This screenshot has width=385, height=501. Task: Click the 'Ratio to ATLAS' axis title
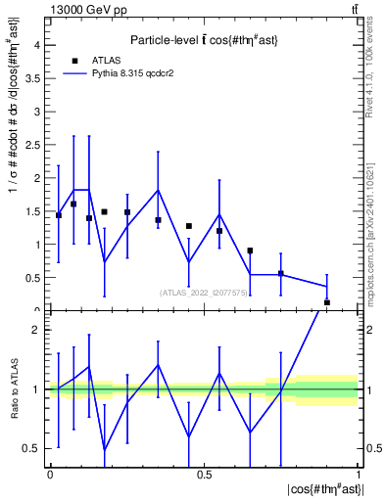(13, 389)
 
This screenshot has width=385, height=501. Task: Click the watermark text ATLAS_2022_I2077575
(204, 292)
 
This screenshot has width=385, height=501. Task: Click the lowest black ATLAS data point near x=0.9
(327, 302)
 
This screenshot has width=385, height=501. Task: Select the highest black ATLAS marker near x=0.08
(73, 205)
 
